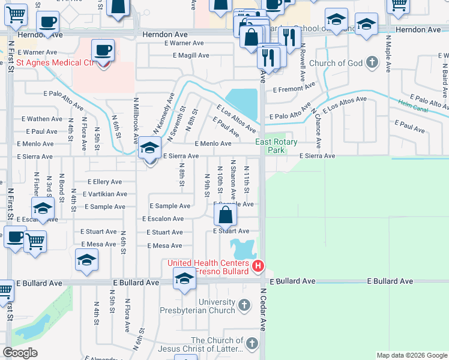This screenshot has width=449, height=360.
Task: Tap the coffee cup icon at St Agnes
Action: pyautogui.click(x=103, y=50)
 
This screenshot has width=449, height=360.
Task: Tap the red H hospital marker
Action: pyautogui.click(x=258, y=266)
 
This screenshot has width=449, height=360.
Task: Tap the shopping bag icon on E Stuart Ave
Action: pyautogui.click(x=224, y=214)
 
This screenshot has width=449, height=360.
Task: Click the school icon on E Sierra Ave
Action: pyautogui.click(x=149, y=148)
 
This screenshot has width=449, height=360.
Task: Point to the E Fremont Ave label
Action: pyautogui.click(x=294, y=88)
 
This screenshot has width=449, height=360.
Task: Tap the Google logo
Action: pyautogui.click(x=20, y=353)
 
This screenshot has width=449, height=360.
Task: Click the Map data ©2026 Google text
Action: pyautogui.click(x=412, y=355)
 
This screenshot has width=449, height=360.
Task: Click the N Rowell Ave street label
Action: pyautogui.click(x=303, y=62)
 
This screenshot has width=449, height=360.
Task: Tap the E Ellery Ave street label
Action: pyautogui.click(x=104, y=182)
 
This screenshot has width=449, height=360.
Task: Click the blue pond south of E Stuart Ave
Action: pyautogui.click(x=243, y=248)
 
